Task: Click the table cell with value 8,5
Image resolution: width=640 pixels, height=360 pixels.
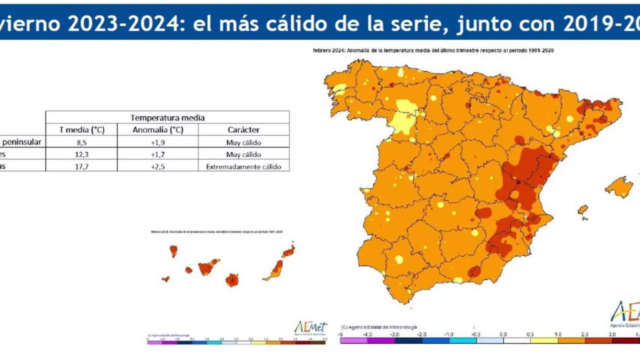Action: [x=81, y=142]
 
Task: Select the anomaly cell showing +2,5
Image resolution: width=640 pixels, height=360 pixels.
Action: [x=158, y=166]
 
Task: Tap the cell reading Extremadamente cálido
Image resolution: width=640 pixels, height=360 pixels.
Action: [x=243, y=166]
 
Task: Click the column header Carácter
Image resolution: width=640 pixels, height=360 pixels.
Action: [x=243, y=129]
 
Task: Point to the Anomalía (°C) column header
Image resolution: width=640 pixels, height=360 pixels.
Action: [x=158, y=129]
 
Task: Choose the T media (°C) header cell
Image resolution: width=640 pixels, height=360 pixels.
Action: [x=81, y=129]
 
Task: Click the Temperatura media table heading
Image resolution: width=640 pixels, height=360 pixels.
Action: [x=167, y=117]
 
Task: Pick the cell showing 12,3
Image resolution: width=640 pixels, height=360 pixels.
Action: [x=81, y=154]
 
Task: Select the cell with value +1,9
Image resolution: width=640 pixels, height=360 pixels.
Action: [x=158, y=142]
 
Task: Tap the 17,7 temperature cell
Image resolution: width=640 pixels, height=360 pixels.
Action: [x=81, y=166]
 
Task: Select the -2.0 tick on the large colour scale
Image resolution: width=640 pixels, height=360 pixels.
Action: [x=421, y=334]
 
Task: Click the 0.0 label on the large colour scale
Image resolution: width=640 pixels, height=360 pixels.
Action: [x=503, y=334]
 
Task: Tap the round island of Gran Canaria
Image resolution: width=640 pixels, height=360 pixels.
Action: [x=231, y=280]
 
